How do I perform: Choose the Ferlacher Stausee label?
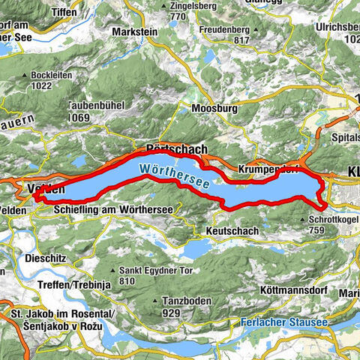288,322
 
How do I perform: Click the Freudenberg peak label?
224,31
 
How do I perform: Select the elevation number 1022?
47,86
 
